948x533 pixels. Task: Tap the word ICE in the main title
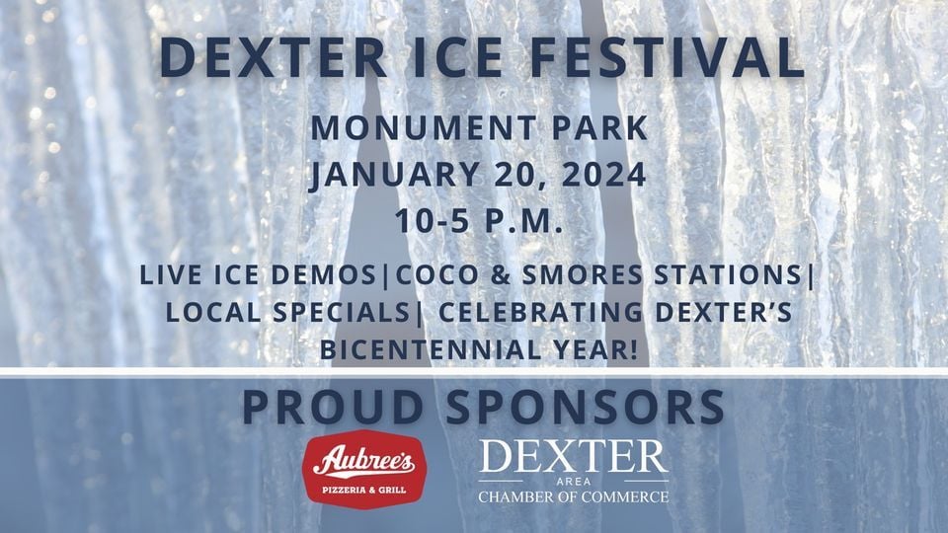click(x=457, y=58)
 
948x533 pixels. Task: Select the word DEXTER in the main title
click(x=274, y=58)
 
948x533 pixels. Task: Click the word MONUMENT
click(x=424, y=128)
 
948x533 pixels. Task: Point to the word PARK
click(x=599, y=128)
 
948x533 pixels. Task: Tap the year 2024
click(x=604, y=175)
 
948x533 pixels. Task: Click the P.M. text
click(x=523, y=220)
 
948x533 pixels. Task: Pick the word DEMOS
click(x=324, y=275)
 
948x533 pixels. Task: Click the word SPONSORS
click(x=586, y=407)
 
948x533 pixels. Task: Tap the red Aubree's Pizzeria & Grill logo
click(x=364, y=470)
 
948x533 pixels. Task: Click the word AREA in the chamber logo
click(x=574, y=483)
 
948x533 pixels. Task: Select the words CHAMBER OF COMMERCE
click(x=574, y=496)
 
